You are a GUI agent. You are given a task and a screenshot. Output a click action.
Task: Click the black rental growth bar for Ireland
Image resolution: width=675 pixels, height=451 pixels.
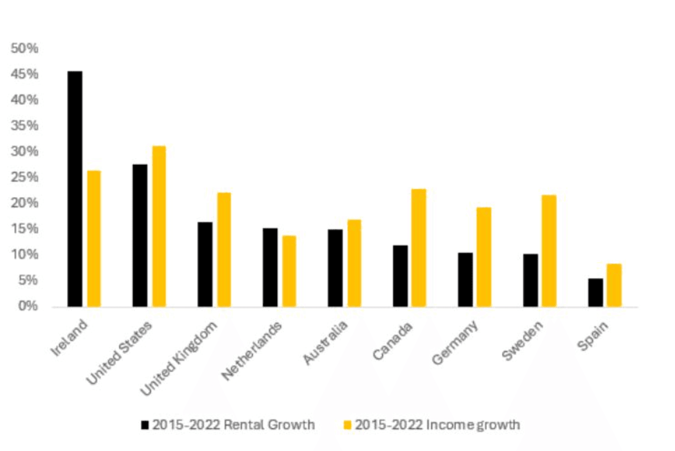coord(75,189)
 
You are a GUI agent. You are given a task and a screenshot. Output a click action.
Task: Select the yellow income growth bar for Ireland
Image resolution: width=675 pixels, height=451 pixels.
coord(94,239)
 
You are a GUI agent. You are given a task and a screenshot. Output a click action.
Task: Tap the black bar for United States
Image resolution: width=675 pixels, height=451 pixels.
coord(140,236)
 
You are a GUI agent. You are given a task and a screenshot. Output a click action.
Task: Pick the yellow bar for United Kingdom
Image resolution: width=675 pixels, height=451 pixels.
coord(224,250)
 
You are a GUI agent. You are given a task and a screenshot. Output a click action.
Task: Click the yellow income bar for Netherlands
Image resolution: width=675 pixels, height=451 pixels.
coord(289,271)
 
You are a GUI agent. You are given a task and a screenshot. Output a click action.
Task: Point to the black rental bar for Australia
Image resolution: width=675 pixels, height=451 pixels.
coord(335,268)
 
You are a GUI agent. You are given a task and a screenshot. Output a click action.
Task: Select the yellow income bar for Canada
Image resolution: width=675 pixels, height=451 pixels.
coord(419,248)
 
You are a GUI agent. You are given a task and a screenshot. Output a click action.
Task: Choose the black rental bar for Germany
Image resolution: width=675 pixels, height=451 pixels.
coord(465,280)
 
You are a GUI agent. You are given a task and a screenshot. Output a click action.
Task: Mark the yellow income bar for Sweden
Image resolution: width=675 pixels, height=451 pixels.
coord(549,251)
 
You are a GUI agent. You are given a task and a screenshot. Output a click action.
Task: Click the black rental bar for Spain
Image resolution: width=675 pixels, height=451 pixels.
coord(595,293)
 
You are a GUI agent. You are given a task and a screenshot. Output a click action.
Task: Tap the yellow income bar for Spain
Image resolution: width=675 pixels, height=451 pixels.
coord(614,286)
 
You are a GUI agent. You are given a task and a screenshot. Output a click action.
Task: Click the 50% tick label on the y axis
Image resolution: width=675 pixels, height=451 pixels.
coord(25,48)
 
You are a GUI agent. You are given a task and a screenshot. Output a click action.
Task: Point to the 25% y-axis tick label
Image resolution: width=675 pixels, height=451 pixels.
coord(25,177)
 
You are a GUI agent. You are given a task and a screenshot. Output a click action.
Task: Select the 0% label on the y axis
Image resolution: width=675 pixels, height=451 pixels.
coord(28,306)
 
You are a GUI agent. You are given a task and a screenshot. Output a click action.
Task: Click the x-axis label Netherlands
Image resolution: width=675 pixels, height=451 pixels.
coord(252,351)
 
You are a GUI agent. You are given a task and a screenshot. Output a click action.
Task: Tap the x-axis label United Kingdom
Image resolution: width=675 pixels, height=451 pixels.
coord(179,358)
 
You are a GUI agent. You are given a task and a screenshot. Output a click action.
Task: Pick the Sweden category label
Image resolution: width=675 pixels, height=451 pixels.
coord(522,341)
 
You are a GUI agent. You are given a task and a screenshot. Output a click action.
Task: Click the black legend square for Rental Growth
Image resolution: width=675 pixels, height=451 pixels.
coord(145,425)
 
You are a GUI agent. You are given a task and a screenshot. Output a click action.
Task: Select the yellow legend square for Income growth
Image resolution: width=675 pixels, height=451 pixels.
coord(348,425)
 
